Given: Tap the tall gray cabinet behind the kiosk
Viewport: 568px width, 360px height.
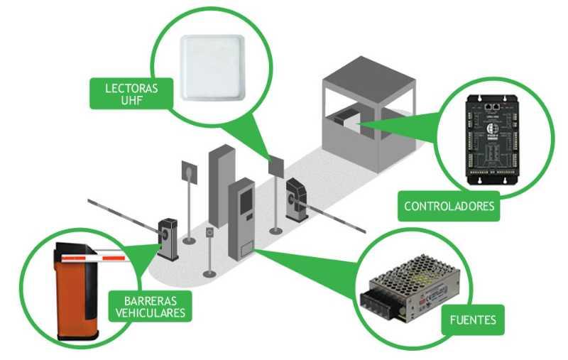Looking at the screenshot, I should point(221,184).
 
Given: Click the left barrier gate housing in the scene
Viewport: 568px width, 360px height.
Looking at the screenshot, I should point(168,237).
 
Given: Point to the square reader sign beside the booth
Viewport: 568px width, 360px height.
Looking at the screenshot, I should point(276,168).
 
